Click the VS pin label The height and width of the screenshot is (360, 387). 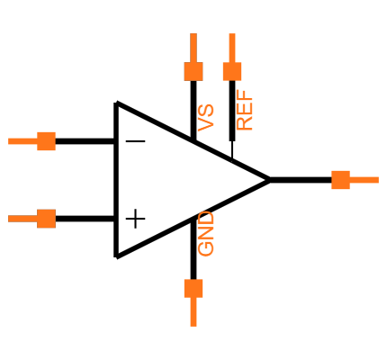pos(206,118)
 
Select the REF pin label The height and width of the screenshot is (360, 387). pos(244,111)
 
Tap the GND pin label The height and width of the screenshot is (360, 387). pos(206,234)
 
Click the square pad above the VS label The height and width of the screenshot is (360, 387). pos(193,71)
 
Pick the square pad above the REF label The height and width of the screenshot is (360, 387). pos(232,71)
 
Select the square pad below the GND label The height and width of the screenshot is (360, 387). pos(193,288)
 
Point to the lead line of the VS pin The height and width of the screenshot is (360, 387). pos(193,48)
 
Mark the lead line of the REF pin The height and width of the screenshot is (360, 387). pos(232,48)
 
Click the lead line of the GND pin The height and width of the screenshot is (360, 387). pos(193,311)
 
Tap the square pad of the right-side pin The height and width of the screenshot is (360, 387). pos(340,180)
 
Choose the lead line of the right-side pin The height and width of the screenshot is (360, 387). pos(364,180)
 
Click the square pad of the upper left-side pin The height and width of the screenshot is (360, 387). pos(46,141)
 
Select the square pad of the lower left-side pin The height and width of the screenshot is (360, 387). pos(46,219)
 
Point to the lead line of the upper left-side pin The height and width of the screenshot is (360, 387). pos(22,141)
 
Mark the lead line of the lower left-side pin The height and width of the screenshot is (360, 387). pos(22,219)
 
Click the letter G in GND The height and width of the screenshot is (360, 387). pos(206,247)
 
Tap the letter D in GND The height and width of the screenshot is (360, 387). pos(206,220)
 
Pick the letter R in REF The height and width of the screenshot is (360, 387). pos(244,123)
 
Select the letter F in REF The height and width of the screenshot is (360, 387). pos(244,97)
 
